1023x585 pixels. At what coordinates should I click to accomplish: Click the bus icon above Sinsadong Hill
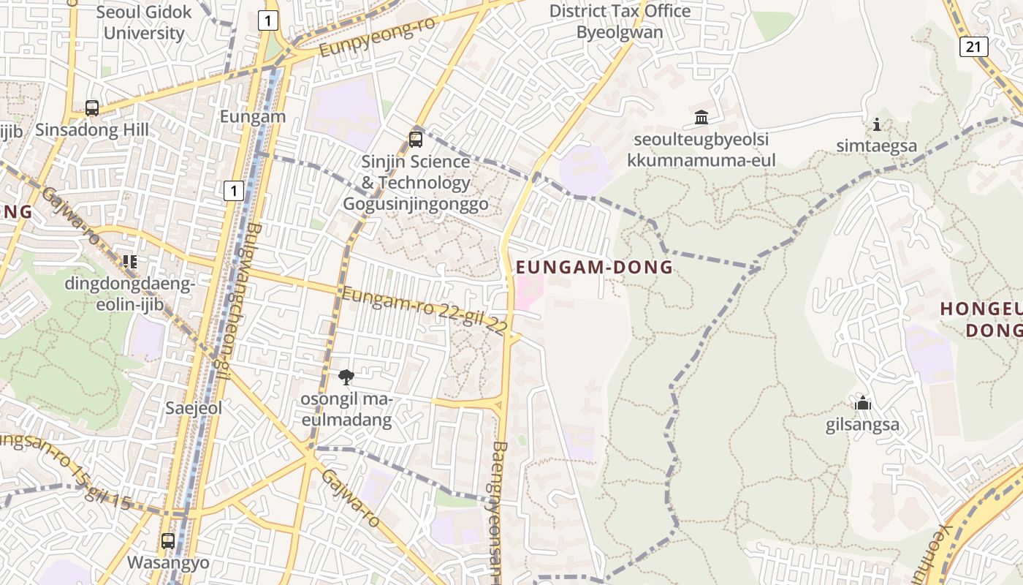(92, 108)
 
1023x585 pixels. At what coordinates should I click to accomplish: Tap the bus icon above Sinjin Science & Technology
(416, 139)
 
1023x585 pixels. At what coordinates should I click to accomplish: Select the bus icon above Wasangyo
(168, 541)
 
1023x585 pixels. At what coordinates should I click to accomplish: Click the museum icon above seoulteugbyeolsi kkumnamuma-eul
(701, 117)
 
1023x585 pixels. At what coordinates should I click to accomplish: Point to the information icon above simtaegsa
(877, 125)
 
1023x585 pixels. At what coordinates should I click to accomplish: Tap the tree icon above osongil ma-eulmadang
(346, 377)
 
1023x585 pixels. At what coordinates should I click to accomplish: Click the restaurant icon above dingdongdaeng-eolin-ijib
(130, 261)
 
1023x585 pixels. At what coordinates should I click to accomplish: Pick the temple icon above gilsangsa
(863, 403)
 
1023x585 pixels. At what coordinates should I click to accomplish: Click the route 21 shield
(973, 47)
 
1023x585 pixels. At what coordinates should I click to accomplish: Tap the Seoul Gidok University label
(144, 23)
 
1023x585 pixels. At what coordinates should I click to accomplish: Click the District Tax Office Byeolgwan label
(620, 22)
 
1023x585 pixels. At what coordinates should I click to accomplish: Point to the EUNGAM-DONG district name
(594, 268)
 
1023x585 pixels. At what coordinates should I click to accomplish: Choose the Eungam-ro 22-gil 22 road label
(424, 312)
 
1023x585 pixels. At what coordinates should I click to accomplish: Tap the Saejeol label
(194, 408)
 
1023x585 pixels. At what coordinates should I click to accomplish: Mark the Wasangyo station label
(168, 562)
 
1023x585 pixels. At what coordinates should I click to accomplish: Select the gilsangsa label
(862, 425)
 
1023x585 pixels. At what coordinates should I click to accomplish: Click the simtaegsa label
(877, 146)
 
